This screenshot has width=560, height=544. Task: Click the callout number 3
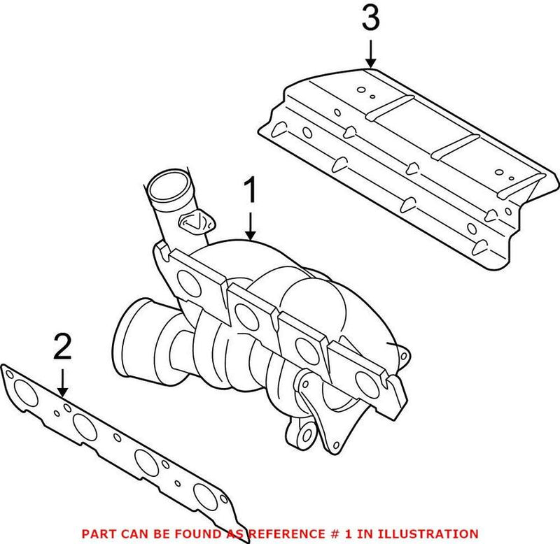coord(371,17)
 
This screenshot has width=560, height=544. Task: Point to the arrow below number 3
coord(371,54)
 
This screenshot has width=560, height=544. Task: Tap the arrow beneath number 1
coord(251,226)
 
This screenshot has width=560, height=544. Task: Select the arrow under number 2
coord(62,382)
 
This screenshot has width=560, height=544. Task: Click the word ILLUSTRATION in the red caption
coord(428,534)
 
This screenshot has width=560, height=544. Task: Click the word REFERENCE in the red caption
coord(286,534)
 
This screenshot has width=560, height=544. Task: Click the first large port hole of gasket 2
coord(25,393)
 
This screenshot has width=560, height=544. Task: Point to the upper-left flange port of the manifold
coord(189,283)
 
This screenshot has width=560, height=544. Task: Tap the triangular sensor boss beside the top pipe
coord(196,222)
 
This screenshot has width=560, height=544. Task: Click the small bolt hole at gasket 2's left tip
coord(10,374)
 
